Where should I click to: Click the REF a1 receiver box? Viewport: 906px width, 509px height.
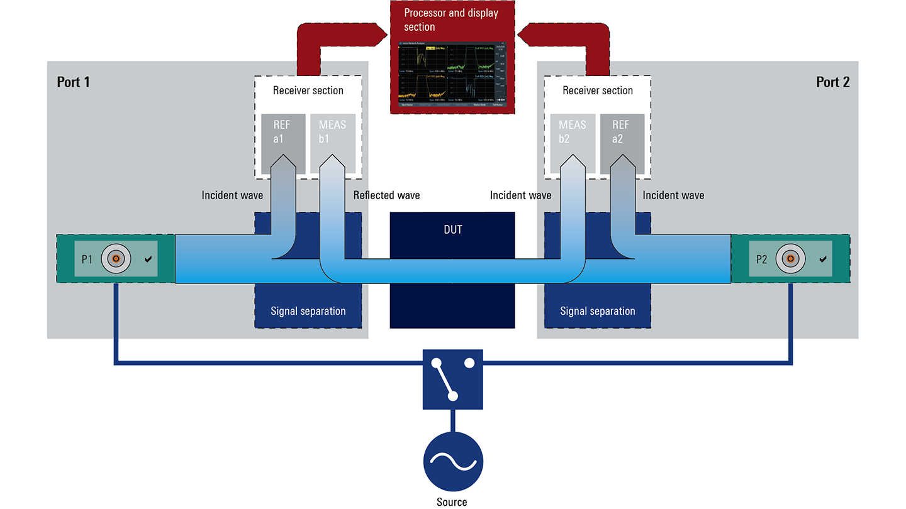[x=283, y=143]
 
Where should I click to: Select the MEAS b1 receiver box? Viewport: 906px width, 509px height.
[x=332, y=143]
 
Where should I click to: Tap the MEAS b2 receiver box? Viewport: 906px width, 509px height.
[x=573, y=143]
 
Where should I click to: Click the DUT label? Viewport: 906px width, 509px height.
[x=452, y=230]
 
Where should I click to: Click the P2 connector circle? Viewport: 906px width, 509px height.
[x=789, y=258]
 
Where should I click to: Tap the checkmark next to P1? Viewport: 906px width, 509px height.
[x=148, y=259]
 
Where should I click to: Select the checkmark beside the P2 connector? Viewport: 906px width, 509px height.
[x=823, y=259]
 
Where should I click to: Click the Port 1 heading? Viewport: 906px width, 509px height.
[x=74, y=82]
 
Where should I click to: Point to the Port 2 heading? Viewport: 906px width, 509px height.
[x=832, y=82]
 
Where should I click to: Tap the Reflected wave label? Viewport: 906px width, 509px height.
[x=386, y=195]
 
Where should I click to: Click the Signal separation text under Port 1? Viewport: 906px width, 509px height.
[x=308, y=310]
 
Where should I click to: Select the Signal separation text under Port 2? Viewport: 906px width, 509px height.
[x=598, y=310]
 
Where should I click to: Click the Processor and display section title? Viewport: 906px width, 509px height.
[x=450, y=20]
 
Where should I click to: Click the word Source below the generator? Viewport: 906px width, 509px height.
[x=452, y=501]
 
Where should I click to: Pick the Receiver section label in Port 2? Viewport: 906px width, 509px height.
[x=598, y=90]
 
